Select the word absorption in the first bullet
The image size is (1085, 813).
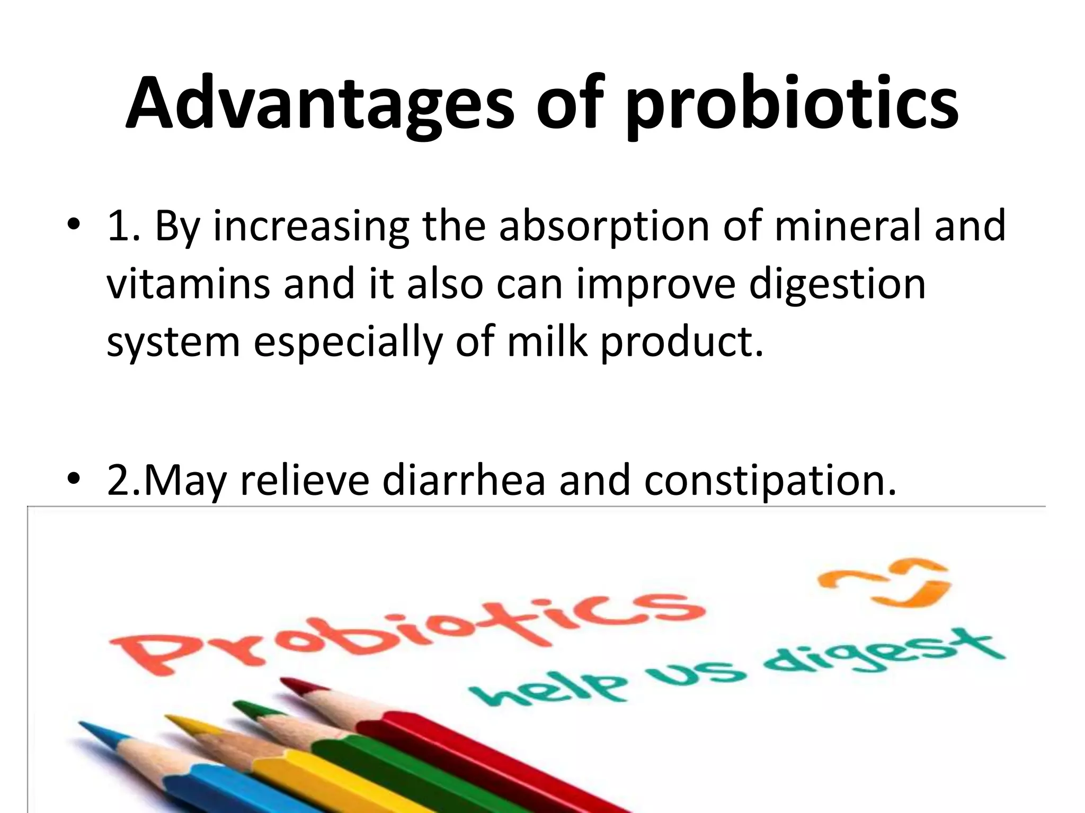[604, 226]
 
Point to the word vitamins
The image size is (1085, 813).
[188, 284]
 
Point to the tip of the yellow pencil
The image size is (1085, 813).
[170, 719]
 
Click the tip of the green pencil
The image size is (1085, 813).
[237, 705]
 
